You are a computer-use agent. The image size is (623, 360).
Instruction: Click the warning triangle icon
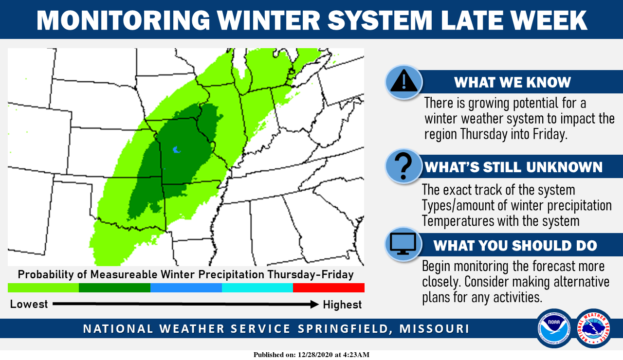404,81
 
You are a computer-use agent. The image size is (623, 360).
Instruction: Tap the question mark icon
403,166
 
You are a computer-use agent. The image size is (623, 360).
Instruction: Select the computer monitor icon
403,244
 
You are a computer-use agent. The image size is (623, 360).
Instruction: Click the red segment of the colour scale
329,288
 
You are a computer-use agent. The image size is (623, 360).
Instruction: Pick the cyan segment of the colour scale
257,288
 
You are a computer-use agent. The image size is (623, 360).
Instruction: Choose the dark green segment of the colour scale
114,288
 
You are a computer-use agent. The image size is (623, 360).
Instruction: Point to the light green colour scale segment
43,288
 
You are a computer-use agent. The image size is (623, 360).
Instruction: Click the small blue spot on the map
176,150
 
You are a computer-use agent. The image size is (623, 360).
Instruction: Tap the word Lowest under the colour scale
29,304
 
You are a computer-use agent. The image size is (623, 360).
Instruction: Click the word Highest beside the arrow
342,305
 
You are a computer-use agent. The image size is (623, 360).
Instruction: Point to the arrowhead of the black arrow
314,304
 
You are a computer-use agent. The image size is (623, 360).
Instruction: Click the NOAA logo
554,328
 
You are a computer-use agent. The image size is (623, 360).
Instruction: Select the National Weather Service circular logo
593,328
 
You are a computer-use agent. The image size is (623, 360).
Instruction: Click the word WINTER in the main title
268,20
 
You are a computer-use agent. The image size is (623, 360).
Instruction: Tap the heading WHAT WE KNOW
513,82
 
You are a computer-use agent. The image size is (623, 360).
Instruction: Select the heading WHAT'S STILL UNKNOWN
513,167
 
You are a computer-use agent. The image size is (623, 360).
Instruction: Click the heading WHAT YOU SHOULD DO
515,246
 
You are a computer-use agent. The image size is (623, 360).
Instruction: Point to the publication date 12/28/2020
315,355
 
